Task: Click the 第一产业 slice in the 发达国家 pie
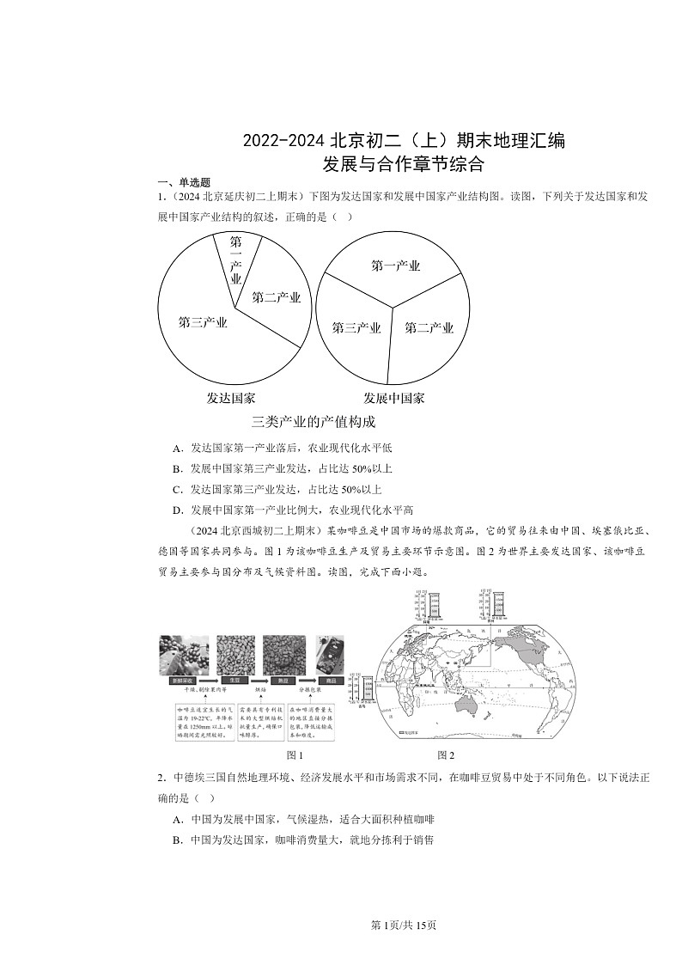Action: tap(234, 262)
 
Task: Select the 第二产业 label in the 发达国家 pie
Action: tap(276, 297)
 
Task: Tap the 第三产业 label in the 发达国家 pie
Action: tap(203, 322)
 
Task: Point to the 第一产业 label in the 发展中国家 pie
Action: tap(395, 266)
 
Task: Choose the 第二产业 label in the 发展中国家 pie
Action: tap(429, 327)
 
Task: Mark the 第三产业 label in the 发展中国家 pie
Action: tap(356, 327)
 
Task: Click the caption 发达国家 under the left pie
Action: tap(230, 398)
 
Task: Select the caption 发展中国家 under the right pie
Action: tap(393, 398)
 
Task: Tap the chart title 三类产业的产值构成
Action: tap(314, 422)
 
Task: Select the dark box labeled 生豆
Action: tap(233, 680)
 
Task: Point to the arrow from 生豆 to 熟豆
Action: tap(258, 680)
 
